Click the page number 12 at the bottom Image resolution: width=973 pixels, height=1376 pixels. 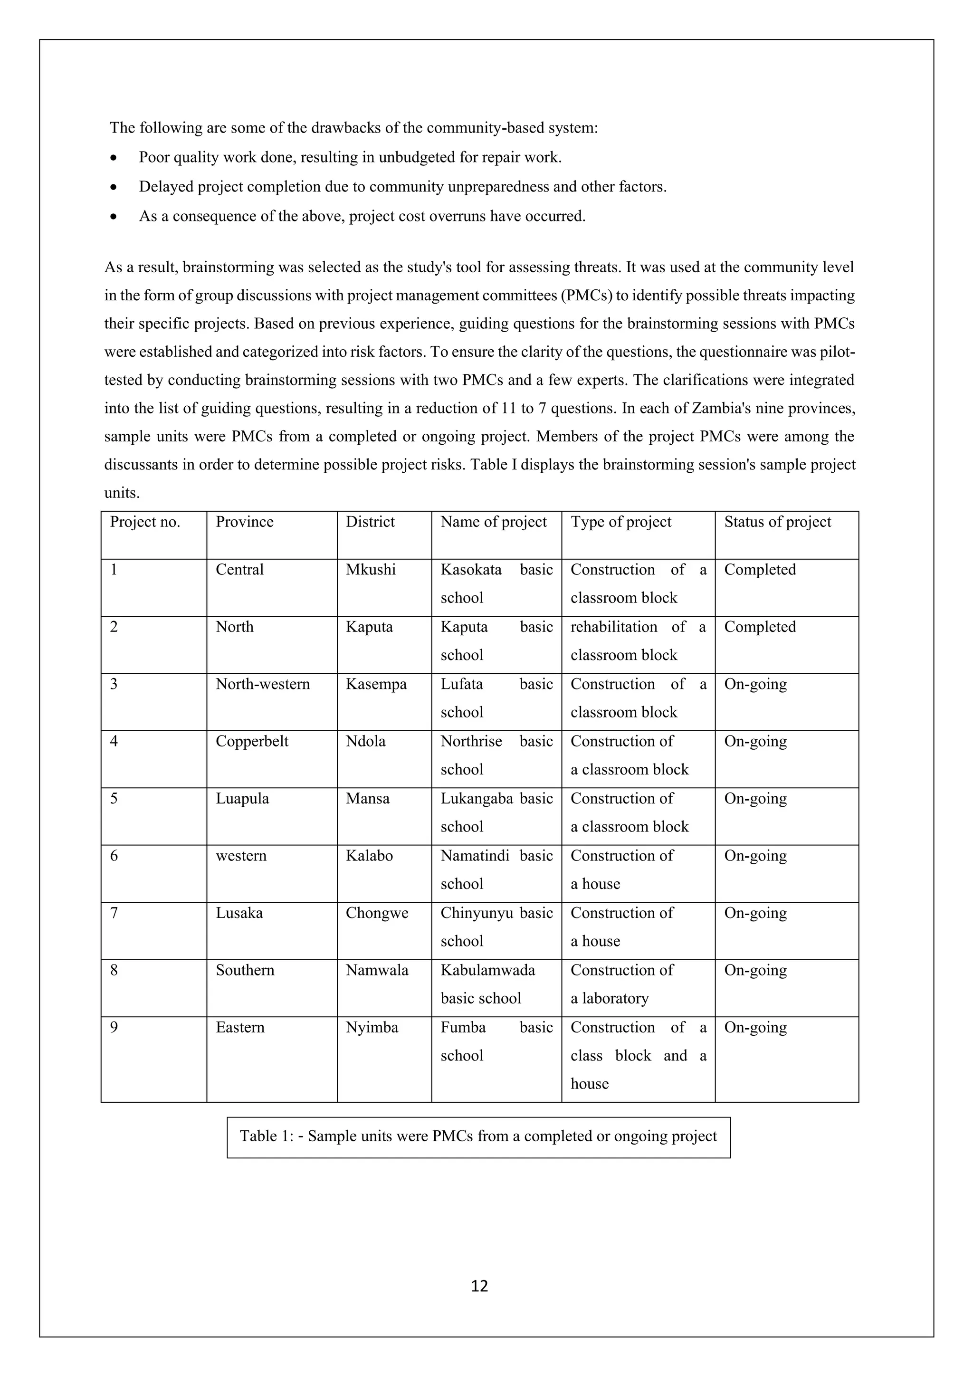(479, 1286)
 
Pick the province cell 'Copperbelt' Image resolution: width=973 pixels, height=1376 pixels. (252, 741)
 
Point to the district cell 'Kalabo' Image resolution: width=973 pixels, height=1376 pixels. (369, 856)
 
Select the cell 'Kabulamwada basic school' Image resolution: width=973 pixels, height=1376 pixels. (488, 984)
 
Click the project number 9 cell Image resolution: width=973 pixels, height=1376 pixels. (114, 1028)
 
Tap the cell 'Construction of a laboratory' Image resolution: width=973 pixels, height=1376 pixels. (621, 984)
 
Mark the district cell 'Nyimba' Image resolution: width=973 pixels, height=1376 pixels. (372, 1028)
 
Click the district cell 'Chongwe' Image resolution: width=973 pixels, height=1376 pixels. (377, 913)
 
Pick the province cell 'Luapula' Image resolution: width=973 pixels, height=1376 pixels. (242, 799)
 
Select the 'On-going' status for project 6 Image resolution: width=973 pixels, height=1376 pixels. (755, 856)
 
